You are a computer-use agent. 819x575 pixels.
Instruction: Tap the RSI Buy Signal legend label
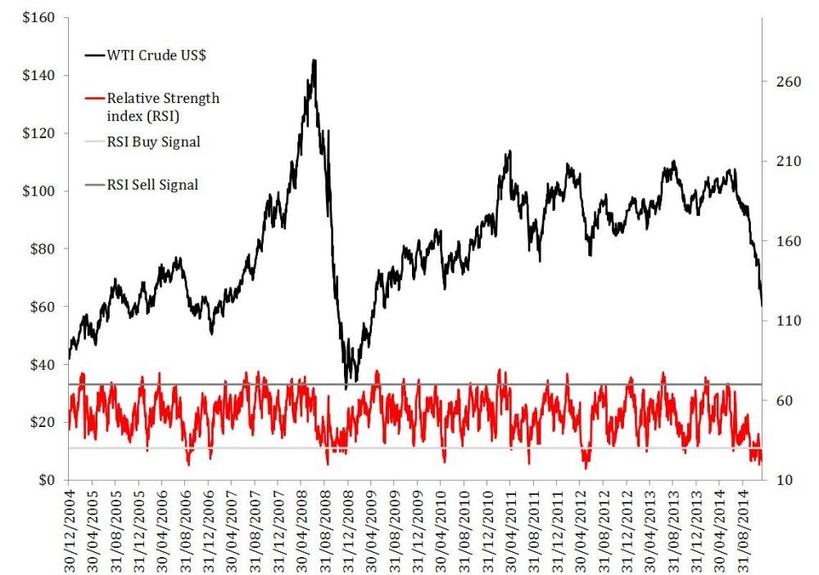153,142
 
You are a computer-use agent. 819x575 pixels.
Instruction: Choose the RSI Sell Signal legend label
152,185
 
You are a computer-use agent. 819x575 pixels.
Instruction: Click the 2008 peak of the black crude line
315,60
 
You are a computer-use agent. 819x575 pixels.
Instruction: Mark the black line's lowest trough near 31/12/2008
346,387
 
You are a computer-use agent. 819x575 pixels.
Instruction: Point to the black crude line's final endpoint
762,305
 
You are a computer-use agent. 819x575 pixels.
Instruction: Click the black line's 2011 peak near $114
509,150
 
